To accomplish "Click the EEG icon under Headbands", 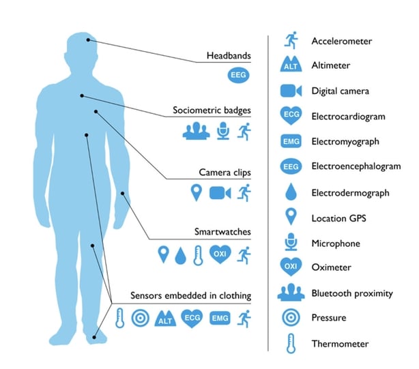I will click(x=237, y=74).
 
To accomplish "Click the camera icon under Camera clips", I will click(x=220, y=193).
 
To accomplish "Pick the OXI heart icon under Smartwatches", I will click(x=220, y=255).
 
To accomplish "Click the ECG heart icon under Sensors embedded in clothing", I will click(x=192, y=318).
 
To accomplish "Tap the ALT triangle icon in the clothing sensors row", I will click(x=164, y=319).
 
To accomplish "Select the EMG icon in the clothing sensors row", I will click(x=220, y=318).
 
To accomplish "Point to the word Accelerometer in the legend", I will click(x=341, y=42).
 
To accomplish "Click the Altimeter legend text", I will click(x=331, y=65).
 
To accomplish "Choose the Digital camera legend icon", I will click(x=291, y=91).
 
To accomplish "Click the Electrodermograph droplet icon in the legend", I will click(x=291, y=193).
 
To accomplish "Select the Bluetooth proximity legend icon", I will click(x=291, y=293).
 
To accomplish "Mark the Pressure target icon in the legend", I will click(x=291, y=318).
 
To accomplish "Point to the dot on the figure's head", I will click(x=88, y=40).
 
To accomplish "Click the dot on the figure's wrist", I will click(x=124, y=194).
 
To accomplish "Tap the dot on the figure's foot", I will click(x=96, y=335).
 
